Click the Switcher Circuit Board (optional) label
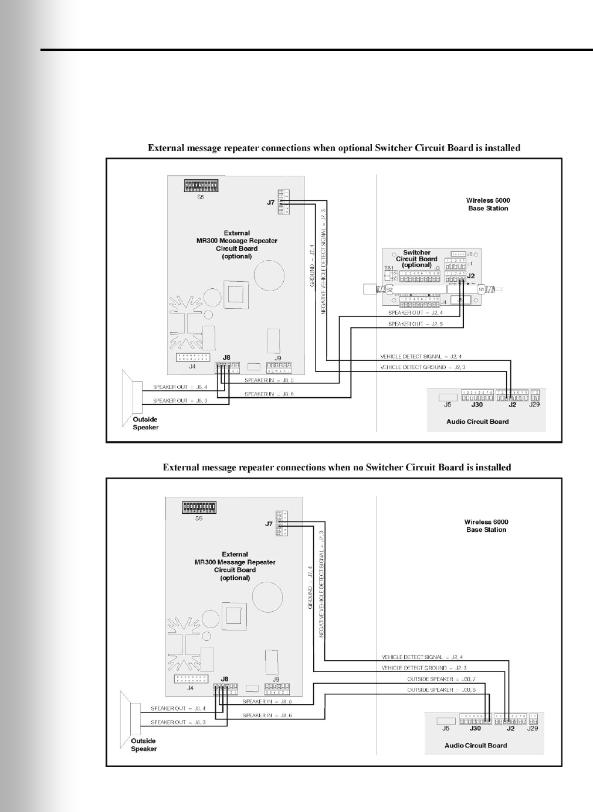(x=416, y=259)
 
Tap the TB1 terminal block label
(x=388, y=267)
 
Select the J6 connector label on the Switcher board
(x=469, y=254)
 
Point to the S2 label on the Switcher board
(x=389, y=289)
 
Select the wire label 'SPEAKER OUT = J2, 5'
(x=415, y=324)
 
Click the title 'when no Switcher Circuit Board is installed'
(x=337, y=468)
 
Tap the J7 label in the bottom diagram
(x=269, y=524)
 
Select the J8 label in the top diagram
(x=227, y=357)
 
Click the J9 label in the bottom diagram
(x=276, y=680)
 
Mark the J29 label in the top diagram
(x=534, y=404)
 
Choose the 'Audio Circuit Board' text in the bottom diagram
(x=476, y=745)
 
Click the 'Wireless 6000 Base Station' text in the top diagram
(x=488, y=204)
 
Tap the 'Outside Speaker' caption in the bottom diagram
(x=144, y=745)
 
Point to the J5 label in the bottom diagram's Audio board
(x=446, y=728)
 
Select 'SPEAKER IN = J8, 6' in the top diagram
(x=269, y=394)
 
